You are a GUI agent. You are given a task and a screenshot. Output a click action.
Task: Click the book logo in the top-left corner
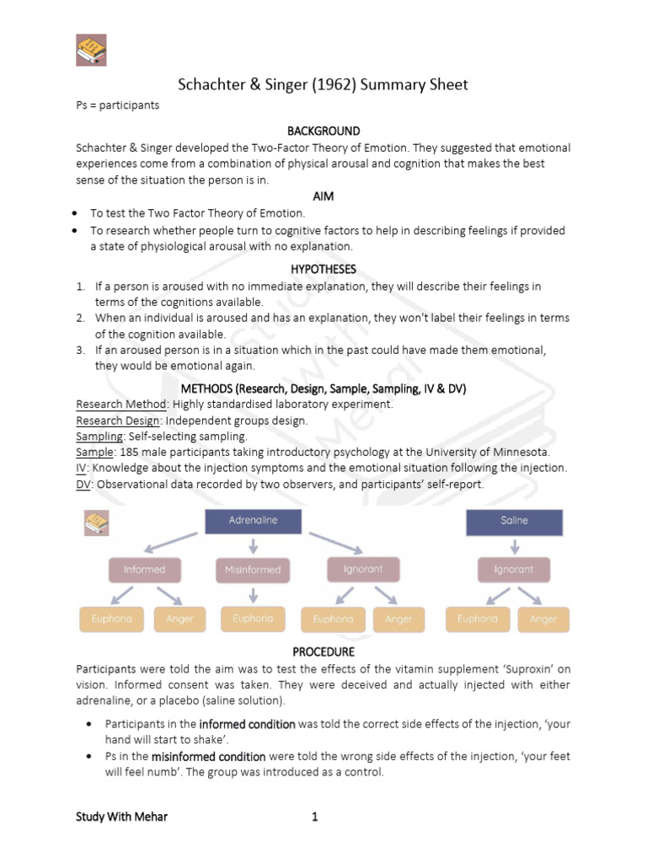pos(92,51)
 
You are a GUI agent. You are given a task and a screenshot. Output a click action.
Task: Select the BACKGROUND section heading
pos(323,131)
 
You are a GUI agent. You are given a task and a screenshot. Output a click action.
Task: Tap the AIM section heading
pos(323,196)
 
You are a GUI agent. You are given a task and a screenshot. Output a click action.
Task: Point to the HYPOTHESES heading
pos(323,269)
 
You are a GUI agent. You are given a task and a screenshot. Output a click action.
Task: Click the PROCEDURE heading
pos(323,651)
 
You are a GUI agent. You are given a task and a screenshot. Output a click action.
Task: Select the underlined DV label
pos(83,484)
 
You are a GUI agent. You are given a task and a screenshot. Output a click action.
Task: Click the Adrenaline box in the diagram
pos(253,521)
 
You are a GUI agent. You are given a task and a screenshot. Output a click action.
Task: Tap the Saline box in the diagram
pos(514,521)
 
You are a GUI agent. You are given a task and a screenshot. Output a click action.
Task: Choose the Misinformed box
pos(253,570)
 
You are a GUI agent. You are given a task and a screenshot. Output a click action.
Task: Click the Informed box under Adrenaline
pos(145,570)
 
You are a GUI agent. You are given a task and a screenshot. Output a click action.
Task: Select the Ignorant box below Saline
pos(514,570)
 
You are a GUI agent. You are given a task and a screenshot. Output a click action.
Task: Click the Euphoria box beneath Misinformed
pos(253,619)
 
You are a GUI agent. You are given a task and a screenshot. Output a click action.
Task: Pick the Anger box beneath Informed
pos(180,619)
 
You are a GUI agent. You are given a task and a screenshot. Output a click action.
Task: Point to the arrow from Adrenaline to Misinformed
pos(253,545)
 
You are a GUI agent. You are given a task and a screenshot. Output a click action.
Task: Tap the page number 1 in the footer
pos(314,817)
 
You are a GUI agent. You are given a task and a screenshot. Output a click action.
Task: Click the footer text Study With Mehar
pos(121,817)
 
